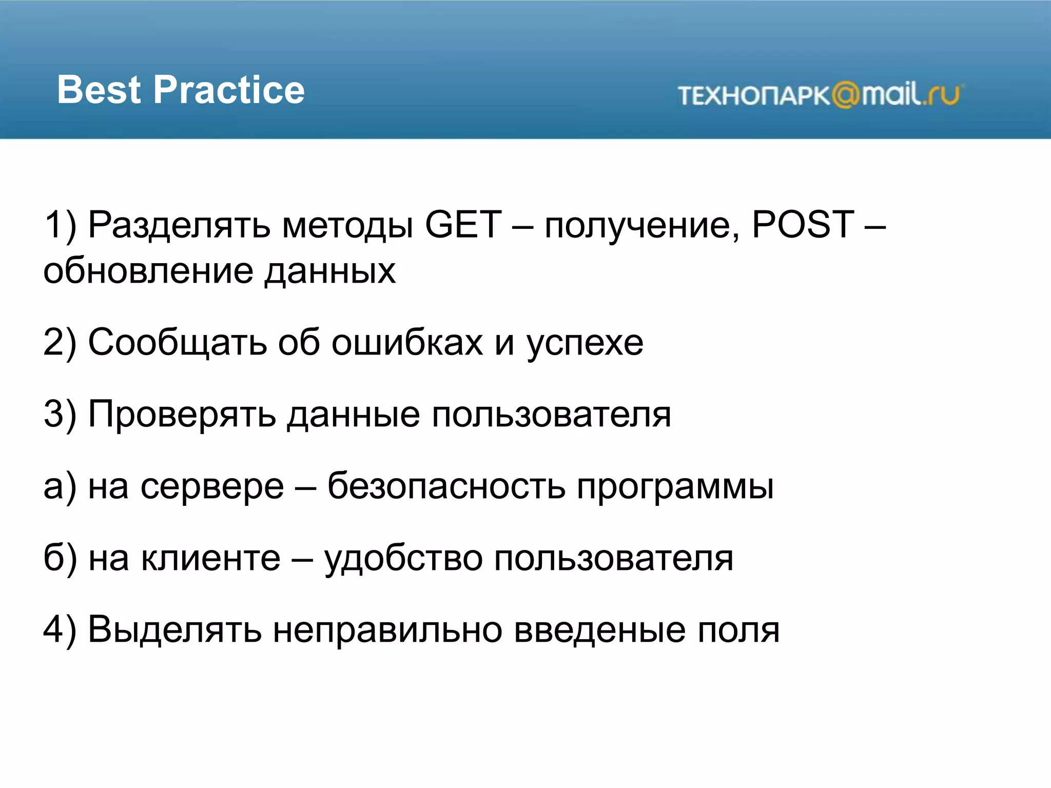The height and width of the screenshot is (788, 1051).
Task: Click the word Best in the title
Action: (x=99, y=90)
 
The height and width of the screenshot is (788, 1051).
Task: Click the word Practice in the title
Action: (x=229, y=90)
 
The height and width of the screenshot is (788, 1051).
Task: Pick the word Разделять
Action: (x=179, y=226)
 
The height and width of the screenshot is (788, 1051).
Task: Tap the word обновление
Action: (x=148, y=271)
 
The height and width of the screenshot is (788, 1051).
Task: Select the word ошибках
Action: (x=407, y=342)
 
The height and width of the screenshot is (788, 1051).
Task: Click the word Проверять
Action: (x=182, y=415)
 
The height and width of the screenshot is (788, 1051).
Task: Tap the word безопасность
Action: (x=446, y=486)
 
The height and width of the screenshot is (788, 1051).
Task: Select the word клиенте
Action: (x=211, y=558)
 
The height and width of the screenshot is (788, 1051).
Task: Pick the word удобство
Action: (x=403, y=558)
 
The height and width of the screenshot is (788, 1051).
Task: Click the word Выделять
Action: (x=174, y=630)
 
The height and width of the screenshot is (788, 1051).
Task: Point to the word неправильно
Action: (x=387, y=630)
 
